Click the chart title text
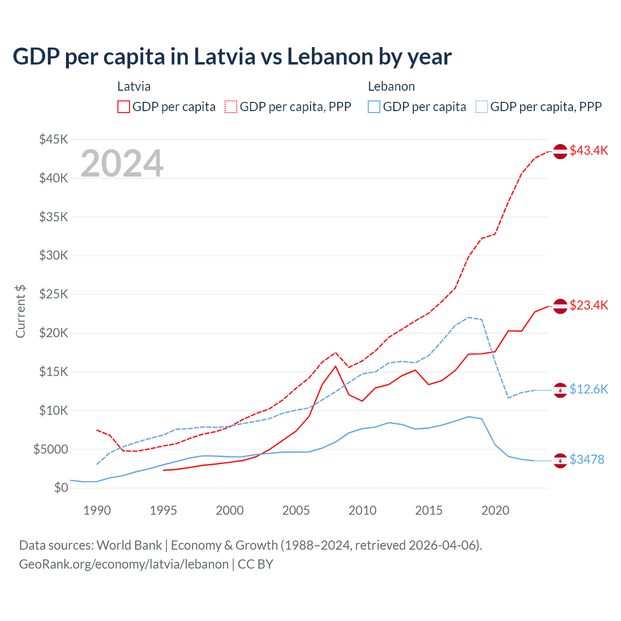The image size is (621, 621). (x=232, y=57)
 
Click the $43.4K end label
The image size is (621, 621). (x=588, y=151)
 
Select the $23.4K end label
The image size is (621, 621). (x=588, y=306)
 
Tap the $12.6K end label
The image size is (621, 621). (x=588, y=390)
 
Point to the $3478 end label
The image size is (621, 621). (x=587, y=460)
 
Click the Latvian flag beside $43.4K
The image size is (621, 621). (x=560, y=151)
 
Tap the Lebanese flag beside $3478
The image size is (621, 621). (x=560, y=460)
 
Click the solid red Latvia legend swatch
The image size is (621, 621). (x=124, y=107)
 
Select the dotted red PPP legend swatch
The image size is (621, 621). (x=231, y=107)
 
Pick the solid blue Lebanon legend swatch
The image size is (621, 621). (x=374, y=107)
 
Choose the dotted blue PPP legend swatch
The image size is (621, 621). (x=482, y=107)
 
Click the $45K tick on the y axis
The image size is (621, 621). (x=54, y=140)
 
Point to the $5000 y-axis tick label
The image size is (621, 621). (x=51, y=449)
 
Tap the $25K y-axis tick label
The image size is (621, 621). (x=54, y=294)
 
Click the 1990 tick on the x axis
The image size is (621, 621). (x=97, y=510)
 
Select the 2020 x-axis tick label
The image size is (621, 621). (x=495, y=510)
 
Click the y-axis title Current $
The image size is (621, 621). (x=20, y=311)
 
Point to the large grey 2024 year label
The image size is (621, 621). (x=122, y=163)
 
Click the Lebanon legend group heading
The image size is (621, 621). (x=391, y=87)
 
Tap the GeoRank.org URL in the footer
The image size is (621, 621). (x=124, y=564)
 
